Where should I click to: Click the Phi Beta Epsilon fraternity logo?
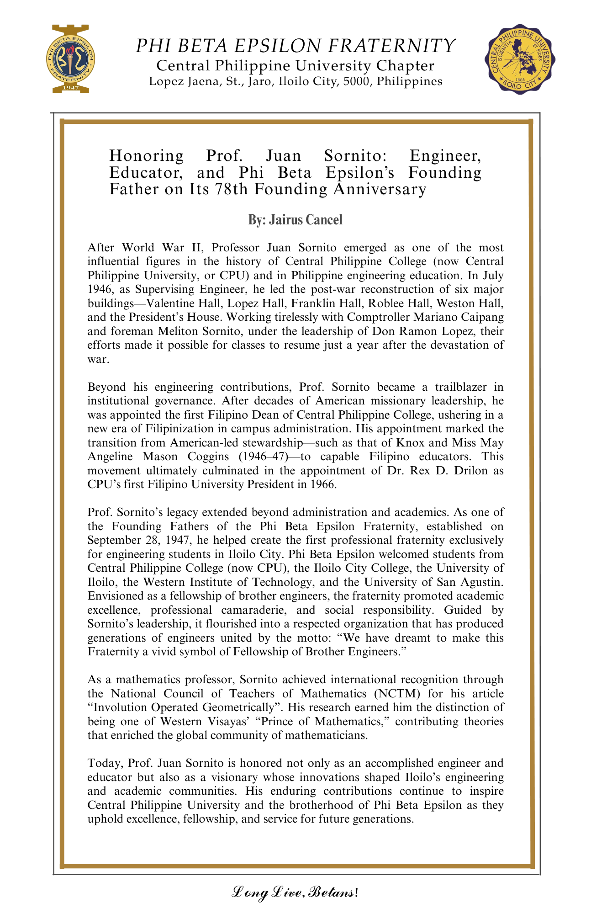70,58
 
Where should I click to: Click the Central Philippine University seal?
520,58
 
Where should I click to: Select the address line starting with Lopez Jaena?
295,82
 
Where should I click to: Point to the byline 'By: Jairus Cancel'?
295,220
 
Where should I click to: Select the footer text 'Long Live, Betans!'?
295,891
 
